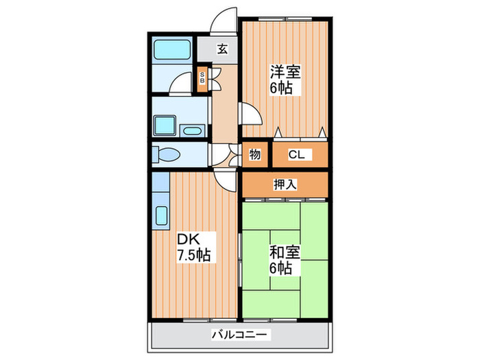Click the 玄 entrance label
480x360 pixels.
click(x=222, y=49)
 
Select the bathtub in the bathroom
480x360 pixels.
click(x=172, y=51)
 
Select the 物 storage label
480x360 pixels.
click(x=254, y=154)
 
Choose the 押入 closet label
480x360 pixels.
click(x=285, y=184)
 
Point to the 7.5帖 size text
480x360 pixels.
click(x=193, y=255)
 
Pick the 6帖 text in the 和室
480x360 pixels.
click(x=282, y=268)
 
